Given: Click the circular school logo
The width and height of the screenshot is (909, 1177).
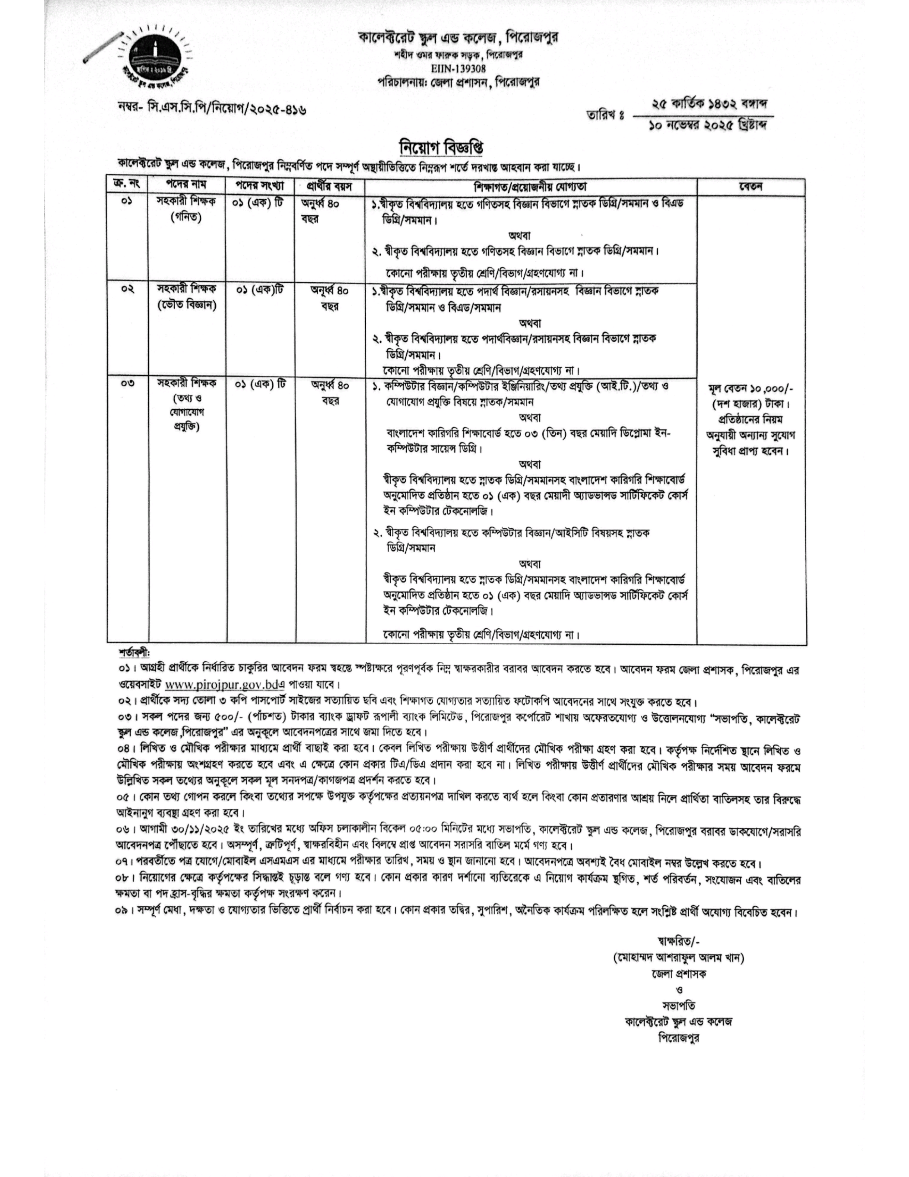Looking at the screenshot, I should (x=155, y=58).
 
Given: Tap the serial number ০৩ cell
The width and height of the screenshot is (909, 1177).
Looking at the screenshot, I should (x=128, y=384).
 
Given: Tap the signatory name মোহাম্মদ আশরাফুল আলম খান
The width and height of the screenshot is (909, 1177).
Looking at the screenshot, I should (x=678, y=958).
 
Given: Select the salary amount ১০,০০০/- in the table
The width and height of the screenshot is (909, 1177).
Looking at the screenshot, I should (x=771, y=389).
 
